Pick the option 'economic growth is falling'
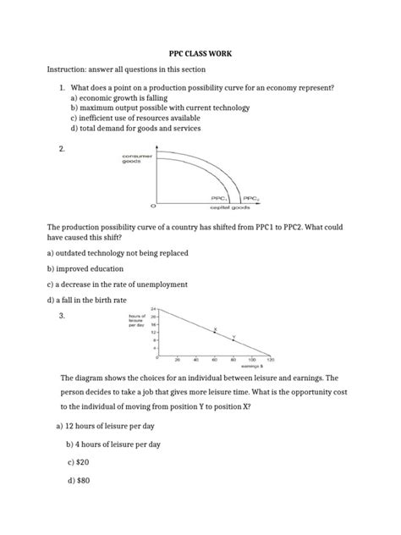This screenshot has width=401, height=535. (x=126, y=98)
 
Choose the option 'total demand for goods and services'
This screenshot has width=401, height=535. (x=146, y=131)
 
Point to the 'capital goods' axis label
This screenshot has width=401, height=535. (x=227, y=206)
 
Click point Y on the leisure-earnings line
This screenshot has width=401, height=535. (x=234, y=338)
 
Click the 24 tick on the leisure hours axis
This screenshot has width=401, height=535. (x=154, y=309)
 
